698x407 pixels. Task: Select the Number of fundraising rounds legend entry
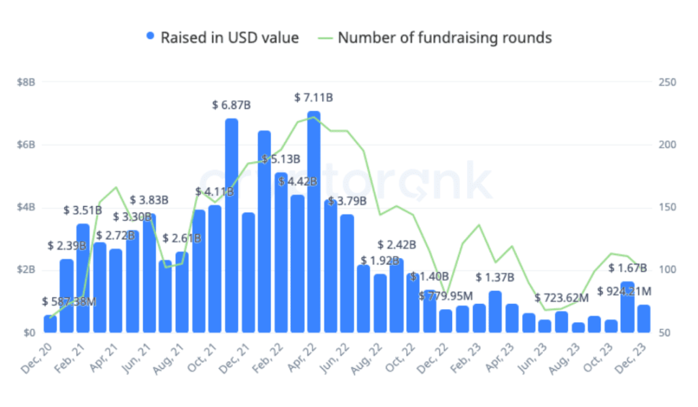click(444, 37)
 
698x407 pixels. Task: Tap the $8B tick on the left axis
click(26, 82)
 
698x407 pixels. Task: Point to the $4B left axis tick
click(26, 207)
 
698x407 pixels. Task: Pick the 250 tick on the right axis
click(667, 82)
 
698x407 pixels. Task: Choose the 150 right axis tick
click(667, 207)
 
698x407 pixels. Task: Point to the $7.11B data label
click(314, 97)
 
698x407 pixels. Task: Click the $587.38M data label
click(69, 302)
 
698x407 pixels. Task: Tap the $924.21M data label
click(624, 292)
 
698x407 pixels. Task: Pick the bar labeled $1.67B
click(627, 307)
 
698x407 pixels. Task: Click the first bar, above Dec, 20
click(50, 324)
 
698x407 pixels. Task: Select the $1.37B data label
click(495, 277)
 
